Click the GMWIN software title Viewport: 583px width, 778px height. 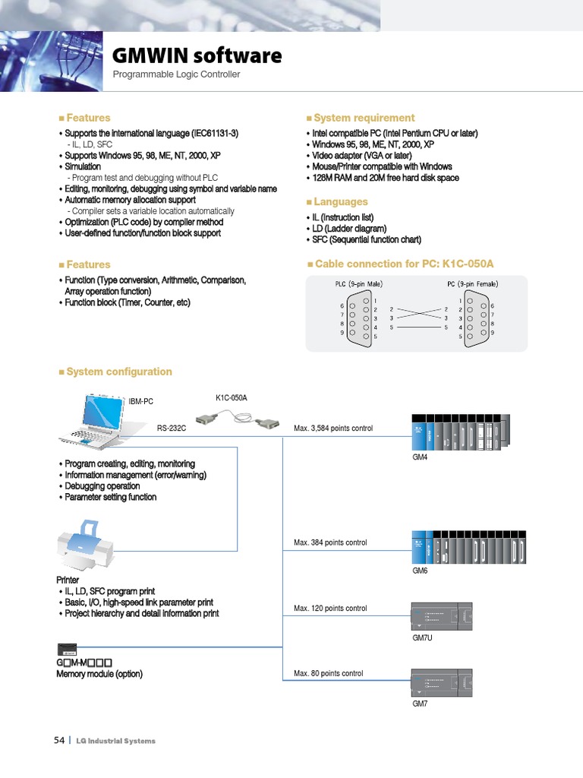tap(197, 55)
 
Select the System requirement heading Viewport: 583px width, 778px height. tap(364, 118)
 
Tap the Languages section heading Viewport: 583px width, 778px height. tap(340, 202)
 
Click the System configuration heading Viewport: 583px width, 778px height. tap(118, 372)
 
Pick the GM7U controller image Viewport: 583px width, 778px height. tap(441, 615)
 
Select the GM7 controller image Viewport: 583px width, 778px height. tap(441, 682)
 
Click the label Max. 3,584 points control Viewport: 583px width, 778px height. tap(333, 429)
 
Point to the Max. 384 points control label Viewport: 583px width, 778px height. tap(330, 542)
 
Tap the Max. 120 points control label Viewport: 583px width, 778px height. tap(330, 609)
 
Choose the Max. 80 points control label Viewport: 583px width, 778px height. tap(328, 674)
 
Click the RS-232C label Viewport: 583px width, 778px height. tap(172, 429)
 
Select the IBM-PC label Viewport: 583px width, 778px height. tap(141, 401)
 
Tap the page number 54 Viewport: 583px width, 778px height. tap(58, 741)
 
